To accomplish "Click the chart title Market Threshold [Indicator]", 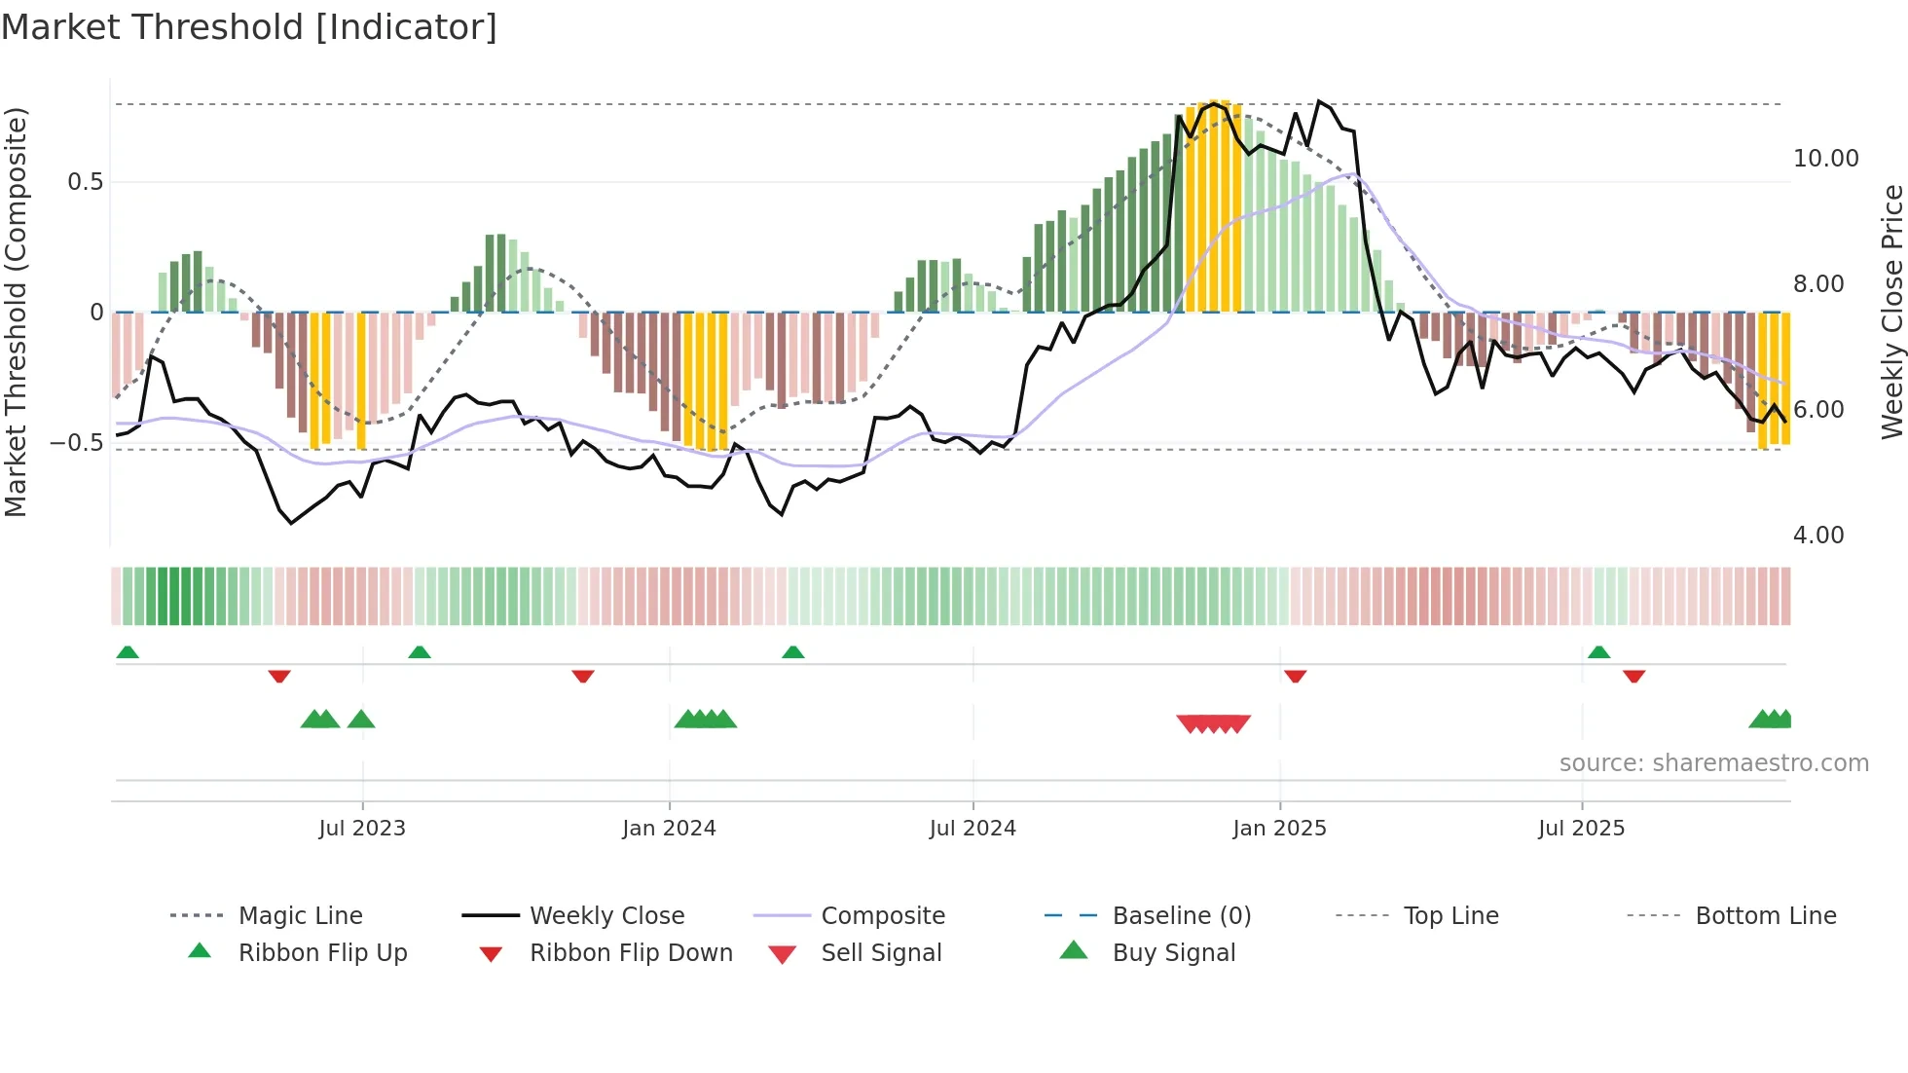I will [x=249, y=27].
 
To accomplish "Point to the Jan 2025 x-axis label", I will [x=1279, y=829].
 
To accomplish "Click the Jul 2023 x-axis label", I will [x=362, y=829].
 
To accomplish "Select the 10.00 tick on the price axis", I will [x=1825, y=159].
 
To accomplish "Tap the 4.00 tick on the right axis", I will [x=1817, y=536].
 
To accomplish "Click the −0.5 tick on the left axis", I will [x=77, y=443].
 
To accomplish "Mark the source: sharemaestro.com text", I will [x=1713, y=763].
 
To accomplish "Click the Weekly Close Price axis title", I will [x=1891, y=312].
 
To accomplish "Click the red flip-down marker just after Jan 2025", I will [x=1295, y=676].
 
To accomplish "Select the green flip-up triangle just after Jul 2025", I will [x=1598, y=652].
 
